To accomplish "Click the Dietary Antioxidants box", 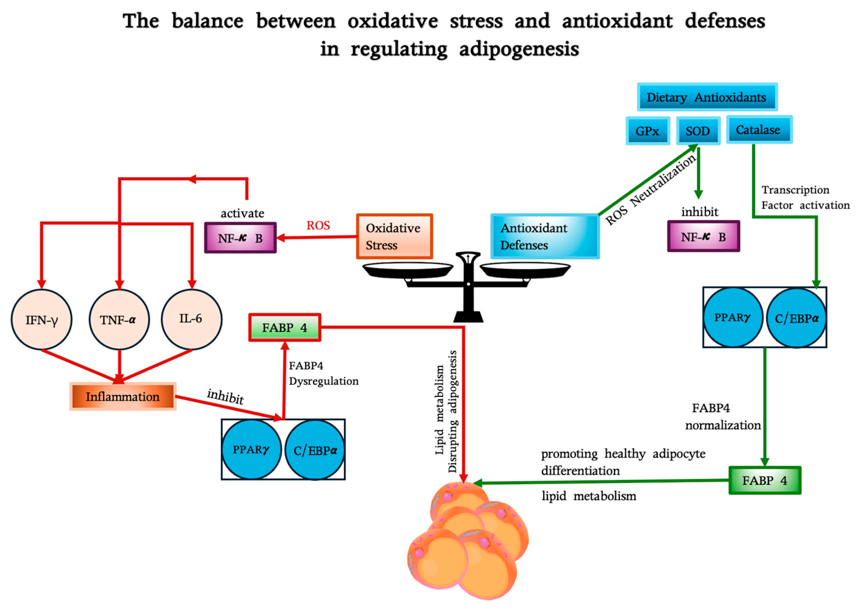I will [x=707, y=97].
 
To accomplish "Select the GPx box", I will [x=647, y=130].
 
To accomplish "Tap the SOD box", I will [x=698, y=130].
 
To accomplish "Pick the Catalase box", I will [x=758, y=129].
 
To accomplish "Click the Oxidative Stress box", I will [x=394, y=236].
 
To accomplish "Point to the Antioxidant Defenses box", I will [x=544, y=236].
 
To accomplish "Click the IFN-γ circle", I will [x=41, y=320].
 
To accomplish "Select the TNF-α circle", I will [x=119, y=320].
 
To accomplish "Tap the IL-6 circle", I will [x=191, y=319].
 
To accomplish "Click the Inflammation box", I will [x=123, y=397].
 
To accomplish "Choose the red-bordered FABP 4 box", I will [x=285, y=327].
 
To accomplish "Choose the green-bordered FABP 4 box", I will [x=765, y=480].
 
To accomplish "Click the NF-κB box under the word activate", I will [x=240, y=238].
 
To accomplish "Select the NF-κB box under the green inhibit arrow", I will [x=703, y=236].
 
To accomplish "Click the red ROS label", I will [x=318, y=225].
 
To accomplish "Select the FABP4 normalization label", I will [x=722, y=416].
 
